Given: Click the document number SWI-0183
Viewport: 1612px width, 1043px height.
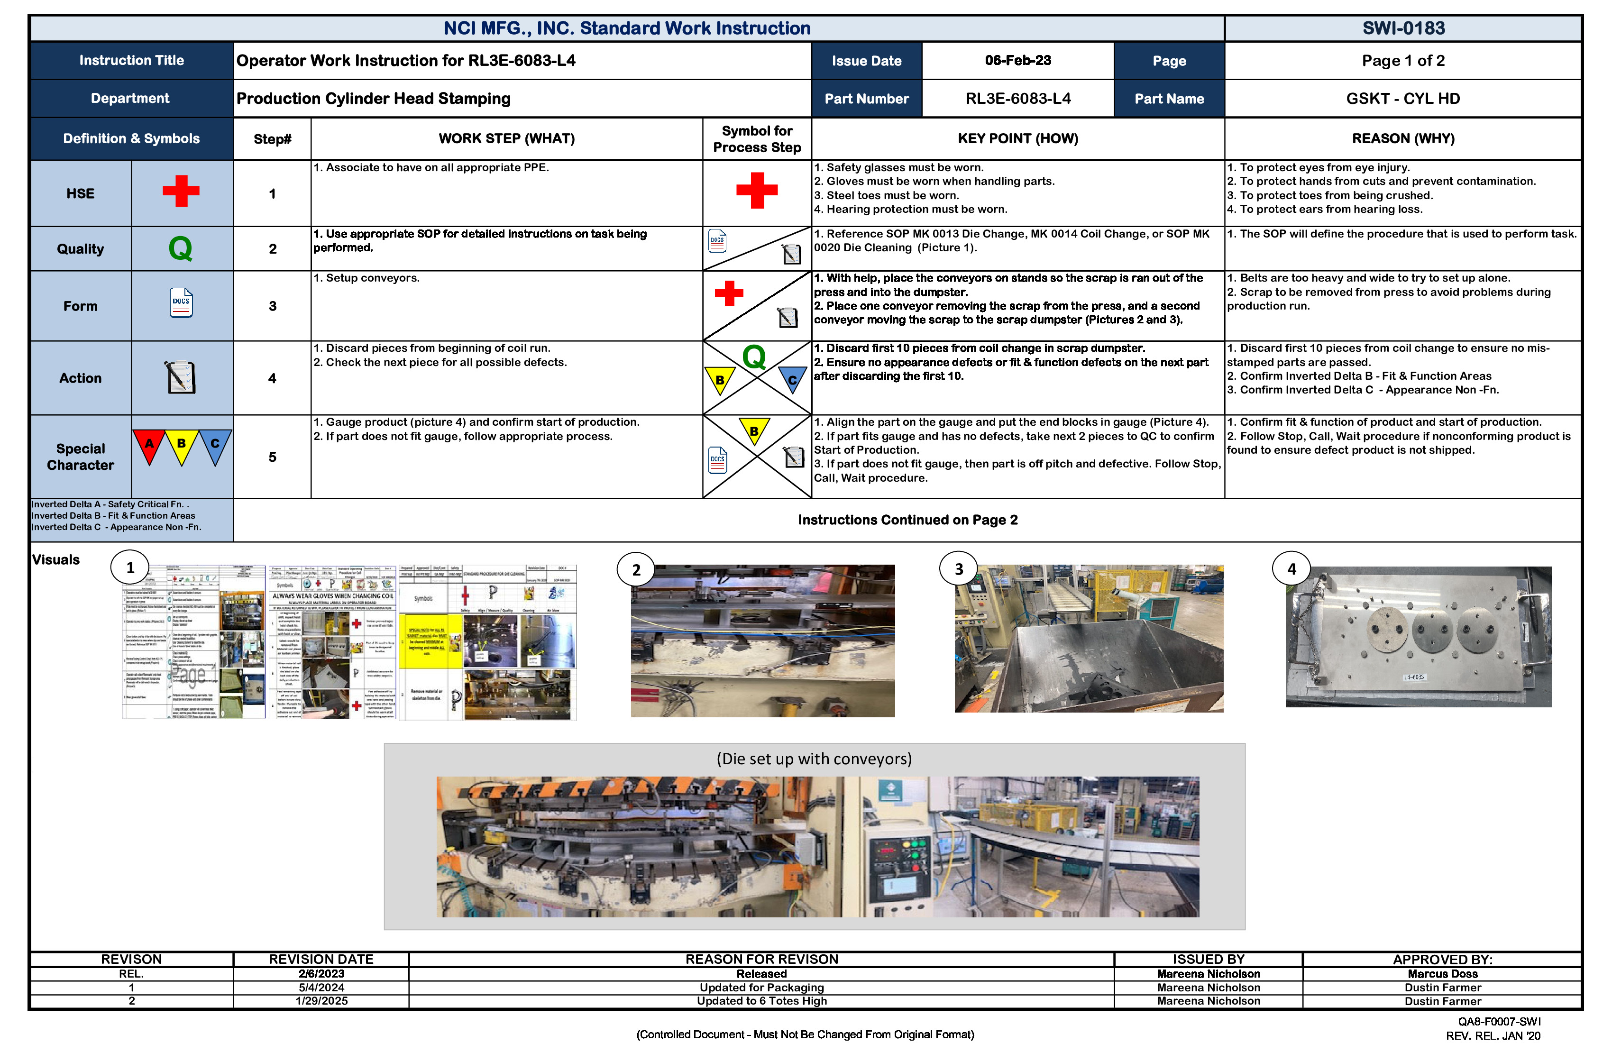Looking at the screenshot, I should [1403, 28].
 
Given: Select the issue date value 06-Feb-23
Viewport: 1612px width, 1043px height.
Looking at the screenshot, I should [1017, 60].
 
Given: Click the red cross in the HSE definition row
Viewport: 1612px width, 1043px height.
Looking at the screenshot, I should [181, 191].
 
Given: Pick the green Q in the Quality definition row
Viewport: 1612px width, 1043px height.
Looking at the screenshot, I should [180, 248].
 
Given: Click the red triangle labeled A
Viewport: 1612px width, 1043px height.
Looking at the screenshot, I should [149, 445].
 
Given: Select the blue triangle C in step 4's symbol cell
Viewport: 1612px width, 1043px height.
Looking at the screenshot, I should [791, 380].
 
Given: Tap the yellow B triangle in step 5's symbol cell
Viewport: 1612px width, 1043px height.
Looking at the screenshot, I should [753, 431].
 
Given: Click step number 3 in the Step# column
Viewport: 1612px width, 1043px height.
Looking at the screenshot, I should [272, 306].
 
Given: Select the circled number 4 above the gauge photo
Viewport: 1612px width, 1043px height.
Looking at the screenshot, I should [1291, 569].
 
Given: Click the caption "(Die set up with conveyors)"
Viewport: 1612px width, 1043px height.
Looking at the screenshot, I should [814, 759].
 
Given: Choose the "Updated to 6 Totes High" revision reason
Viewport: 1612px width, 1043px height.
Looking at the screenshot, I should [761, 1001].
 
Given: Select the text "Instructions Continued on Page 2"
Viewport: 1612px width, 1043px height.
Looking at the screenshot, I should [907, 520].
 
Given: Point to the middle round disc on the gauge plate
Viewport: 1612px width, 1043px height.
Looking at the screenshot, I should [1432, 631].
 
